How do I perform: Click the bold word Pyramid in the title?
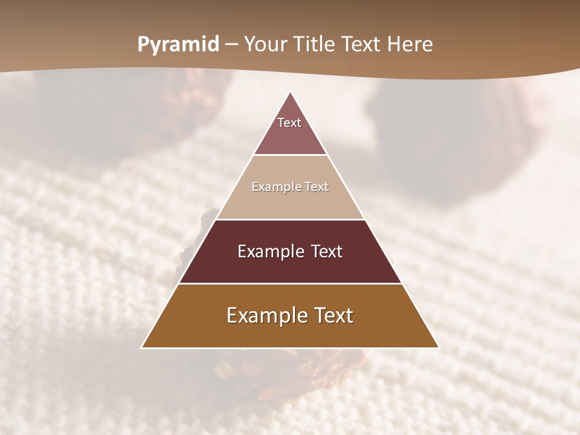pyautogui.click(x=178, y=45)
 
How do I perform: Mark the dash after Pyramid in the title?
pyautogui.click(x=231, y=45)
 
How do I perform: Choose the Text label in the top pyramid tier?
pyautogui.click(x=289, y=123)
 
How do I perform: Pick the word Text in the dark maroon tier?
pyautogui.click(x=325, y=251)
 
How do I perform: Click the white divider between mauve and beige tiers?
pyautogui.click(x=290, y=155)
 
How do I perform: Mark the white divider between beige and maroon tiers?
pyautogui.click(x=290, y=219)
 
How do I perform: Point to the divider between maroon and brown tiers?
pyautogui.click(x=290, y=283)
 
